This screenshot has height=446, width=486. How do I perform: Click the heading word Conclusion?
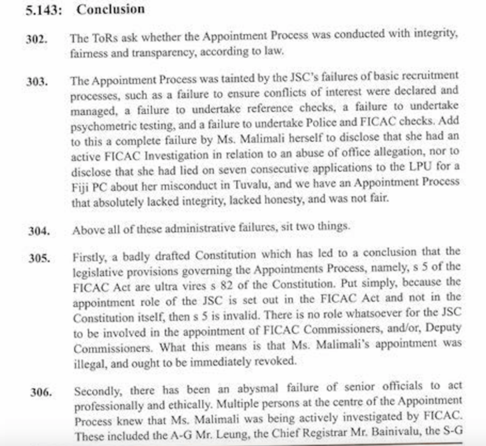coord(111,9)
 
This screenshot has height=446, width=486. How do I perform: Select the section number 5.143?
coord(43,10)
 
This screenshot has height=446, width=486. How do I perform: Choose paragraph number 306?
coord(41,393)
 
